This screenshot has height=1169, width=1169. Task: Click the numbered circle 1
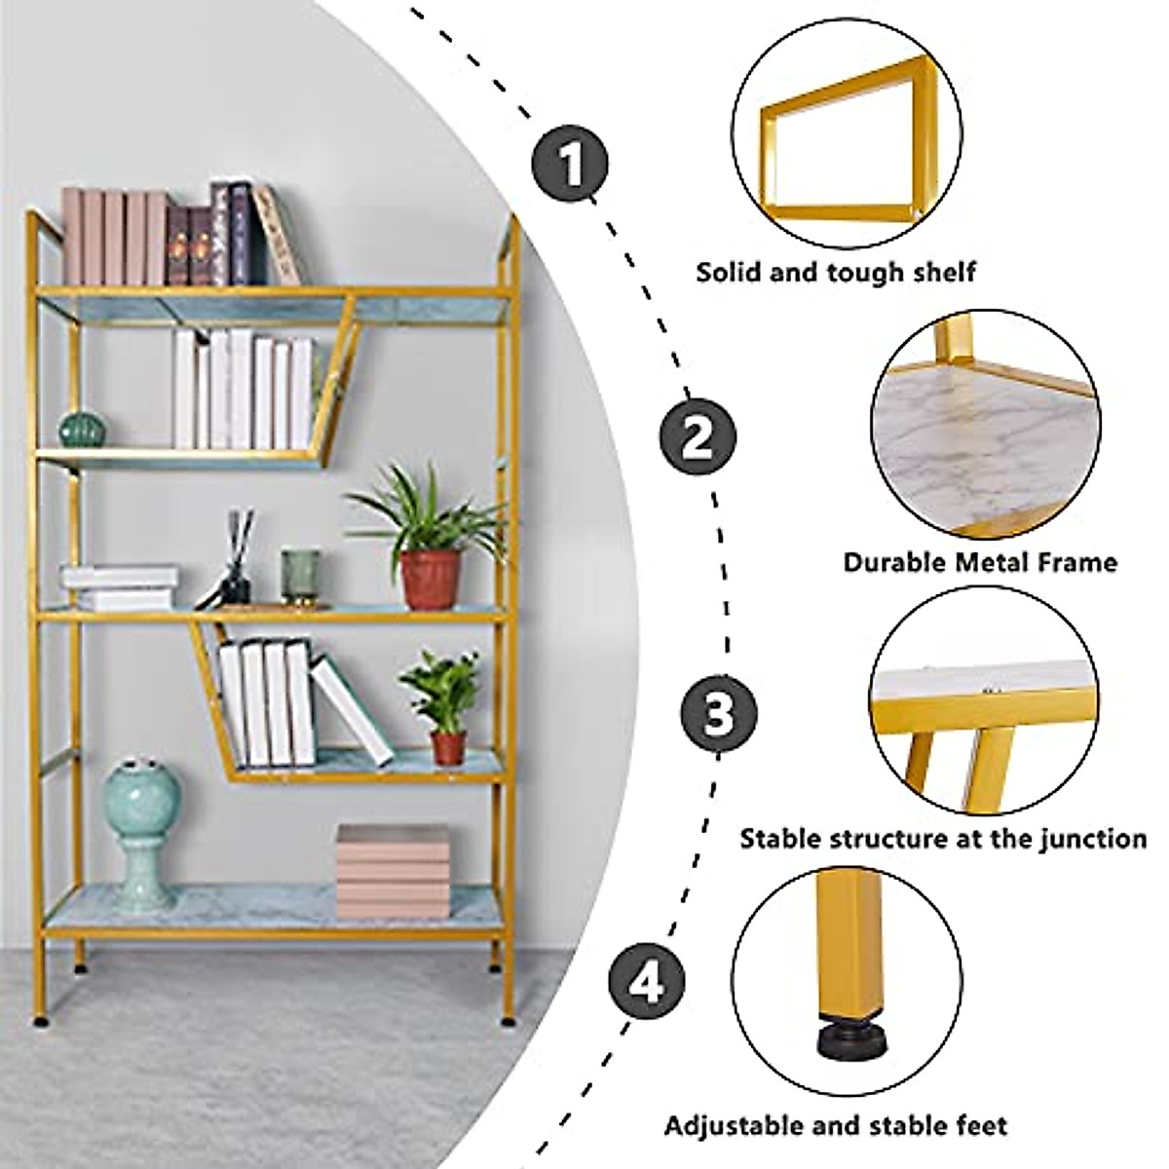coord(571,163)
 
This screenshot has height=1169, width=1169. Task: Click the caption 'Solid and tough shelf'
coord(836,272)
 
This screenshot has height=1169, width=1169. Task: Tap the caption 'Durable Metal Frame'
coord(980,562)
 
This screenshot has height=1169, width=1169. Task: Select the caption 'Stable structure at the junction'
coord(943,838)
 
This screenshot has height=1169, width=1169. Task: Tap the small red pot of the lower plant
coord(448,745)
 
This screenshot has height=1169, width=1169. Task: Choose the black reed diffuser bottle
coord(237,575)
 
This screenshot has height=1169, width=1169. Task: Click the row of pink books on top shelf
coord(113,236)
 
